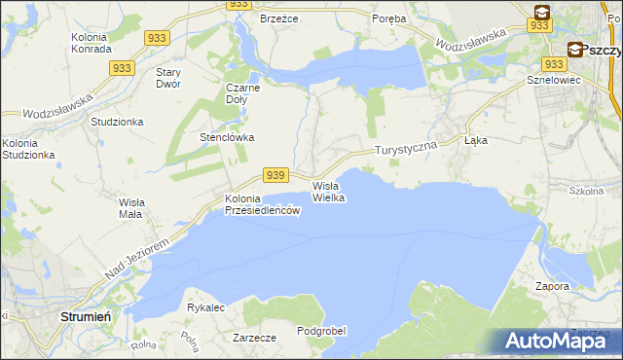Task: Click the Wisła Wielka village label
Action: tap(328, 192)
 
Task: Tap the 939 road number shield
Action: tap(276, 175)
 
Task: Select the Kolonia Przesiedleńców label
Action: tap(260, 204)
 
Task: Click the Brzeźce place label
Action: tap(277, 18)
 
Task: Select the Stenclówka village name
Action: tap(227, 137)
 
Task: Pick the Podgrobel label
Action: tap(321, 331)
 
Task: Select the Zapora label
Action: tap(551, 287)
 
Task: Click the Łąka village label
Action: tap(476, 140)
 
